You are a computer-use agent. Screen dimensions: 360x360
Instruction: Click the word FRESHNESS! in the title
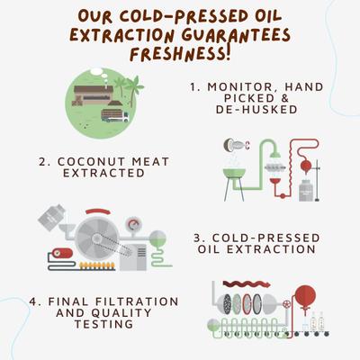coord(179,53)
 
